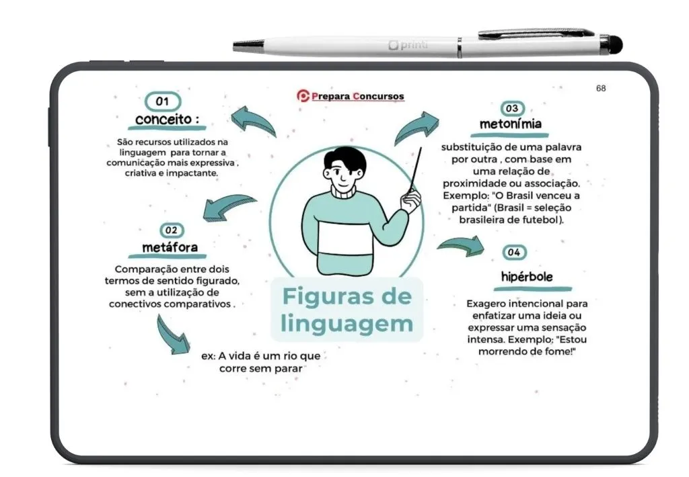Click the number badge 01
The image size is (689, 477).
163,101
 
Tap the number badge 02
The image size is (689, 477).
172,230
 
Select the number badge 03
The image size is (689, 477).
512,108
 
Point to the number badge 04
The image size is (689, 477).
514,253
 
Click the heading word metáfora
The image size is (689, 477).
170,247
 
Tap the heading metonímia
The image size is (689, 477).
511,124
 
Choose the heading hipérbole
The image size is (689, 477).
527,277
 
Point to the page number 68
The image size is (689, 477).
601,89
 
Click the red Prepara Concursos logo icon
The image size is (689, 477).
303,95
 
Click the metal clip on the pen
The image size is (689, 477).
536,33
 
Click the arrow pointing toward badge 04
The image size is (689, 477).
462,246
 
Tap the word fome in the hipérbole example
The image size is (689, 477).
560,351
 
